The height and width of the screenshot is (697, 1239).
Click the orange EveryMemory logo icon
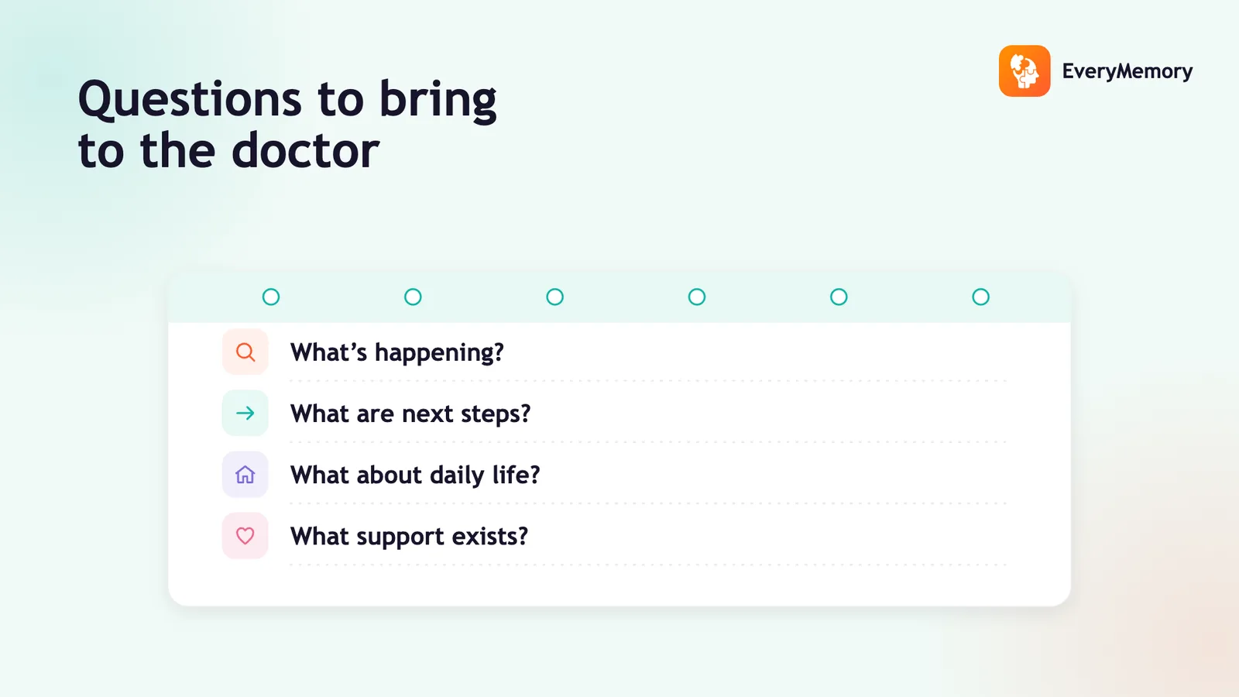pos(1024,70)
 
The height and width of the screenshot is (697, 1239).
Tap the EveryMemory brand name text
pos(1127,71)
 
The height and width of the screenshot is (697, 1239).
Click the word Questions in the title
pos(190,100)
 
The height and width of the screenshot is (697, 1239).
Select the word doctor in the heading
pos(305,150)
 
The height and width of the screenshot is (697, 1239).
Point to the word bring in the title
pos(438,101)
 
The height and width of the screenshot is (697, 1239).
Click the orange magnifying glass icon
pos(245,352)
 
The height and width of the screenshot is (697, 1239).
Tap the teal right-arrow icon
pos(245,414)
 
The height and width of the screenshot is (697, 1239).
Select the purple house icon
pos(245,475)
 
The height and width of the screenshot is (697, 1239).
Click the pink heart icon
pos(245,535)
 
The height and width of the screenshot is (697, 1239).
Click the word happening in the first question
pos(439,353)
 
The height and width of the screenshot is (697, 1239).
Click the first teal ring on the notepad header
pos(271,290)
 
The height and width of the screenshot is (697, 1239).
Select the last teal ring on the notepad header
pos(980,290)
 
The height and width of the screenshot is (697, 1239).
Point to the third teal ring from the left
pos(554,290)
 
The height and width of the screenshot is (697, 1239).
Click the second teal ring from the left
pos(413,290)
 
